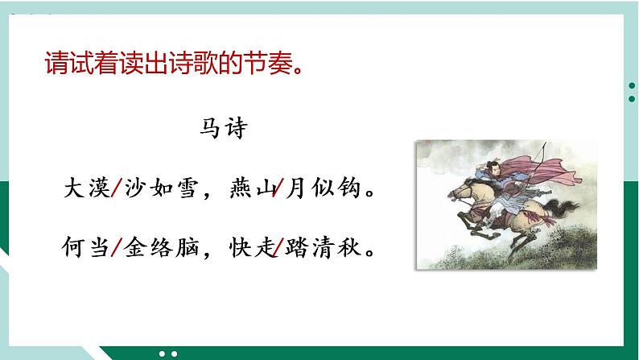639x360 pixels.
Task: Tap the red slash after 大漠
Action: click(116, 190)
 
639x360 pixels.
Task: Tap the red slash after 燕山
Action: click(278, 190)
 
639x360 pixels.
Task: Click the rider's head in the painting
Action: click(494, 168)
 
